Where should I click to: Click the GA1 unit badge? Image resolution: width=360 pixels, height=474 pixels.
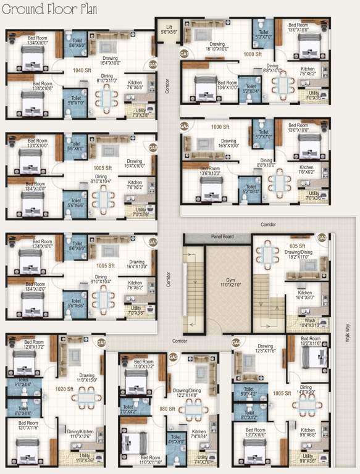(183, 54)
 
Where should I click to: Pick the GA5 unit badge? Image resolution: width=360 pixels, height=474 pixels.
(174, 357)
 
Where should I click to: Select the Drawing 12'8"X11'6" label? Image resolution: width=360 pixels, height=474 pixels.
(265, 349)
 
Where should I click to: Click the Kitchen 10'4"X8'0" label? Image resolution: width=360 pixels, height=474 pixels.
(305, 295)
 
